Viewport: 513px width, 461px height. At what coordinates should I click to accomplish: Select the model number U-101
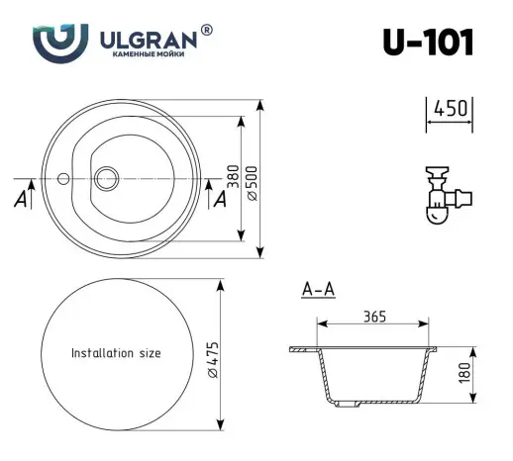427,43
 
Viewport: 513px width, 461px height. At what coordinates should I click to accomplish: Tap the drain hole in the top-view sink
105,178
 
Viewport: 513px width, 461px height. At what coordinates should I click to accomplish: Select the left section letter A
21,199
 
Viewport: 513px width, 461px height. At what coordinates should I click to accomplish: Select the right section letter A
219,199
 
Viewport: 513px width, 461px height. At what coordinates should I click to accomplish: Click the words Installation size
115,353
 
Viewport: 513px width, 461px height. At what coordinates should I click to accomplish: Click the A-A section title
317,290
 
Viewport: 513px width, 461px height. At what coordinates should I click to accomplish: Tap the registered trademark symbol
206,30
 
